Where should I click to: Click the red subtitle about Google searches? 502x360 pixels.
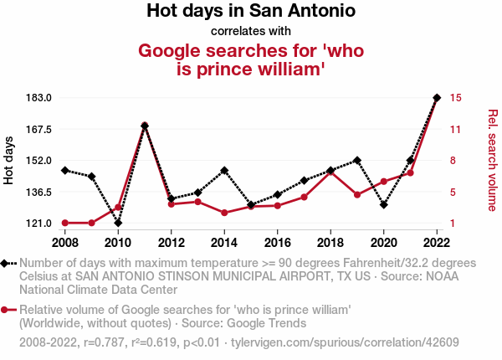click(251, 60)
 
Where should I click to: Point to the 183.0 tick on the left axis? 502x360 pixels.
click(39, 98)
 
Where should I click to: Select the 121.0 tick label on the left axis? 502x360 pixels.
click(39, 224)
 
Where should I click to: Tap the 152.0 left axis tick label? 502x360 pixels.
click(39, 161)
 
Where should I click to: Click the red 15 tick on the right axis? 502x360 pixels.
click(455, 98)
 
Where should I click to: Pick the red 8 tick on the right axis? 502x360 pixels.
click(453, 161)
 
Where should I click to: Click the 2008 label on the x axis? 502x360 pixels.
click(64, 243)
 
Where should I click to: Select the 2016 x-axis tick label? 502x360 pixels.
click(277, 243)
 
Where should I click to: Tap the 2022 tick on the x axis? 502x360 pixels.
click(437, 243)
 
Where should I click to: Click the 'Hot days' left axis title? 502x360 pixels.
click(9, 160)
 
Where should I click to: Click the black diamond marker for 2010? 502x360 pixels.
click(118, 223)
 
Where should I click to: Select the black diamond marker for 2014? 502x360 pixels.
click(224, 170)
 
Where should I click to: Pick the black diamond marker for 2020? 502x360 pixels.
click(383, 204)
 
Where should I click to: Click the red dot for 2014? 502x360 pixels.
click(224, 213)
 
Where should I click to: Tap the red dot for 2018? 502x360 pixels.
click(330, 172)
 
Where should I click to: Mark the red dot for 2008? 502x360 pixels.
click(64, 223)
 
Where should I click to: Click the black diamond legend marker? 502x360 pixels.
click(6, 263)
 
